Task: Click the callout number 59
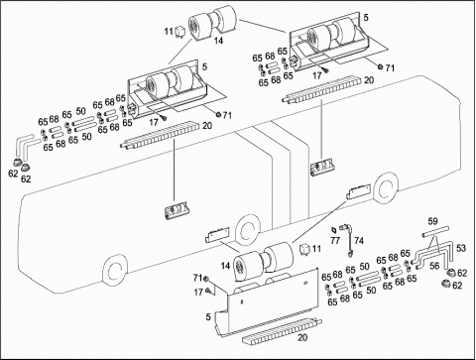pos(432,221)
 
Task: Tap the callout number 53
pos(461,248)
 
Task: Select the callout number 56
pos(434,265)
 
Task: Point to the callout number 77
pos(335,240)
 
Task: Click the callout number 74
pos(359,240)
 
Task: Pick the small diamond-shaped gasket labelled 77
pos(334,230)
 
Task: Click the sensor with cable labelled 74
pos(347,239)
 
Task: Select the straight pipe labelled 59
pos(435,231)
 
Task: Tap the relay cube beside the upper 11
pos(179,31)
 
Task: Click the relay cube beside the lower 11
pos(304,249)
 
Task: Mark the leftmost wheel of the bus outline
pos(115,270)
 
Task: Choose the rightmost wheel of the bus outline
pos(386,188)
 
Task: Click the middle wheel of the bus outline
pos(249,230)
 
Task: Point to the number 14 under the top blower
pos(218,41)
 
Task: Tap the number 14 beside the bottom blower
pos(225,266)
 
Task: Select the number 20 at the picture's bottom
pos(302,337)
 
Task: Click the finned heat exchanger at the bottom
pos(282,330)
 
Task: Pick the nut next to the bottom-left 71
pos(205,279)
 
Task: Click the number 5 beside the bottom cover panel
pos(208,316)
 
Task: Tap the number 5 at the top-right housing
pos(366,17)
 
